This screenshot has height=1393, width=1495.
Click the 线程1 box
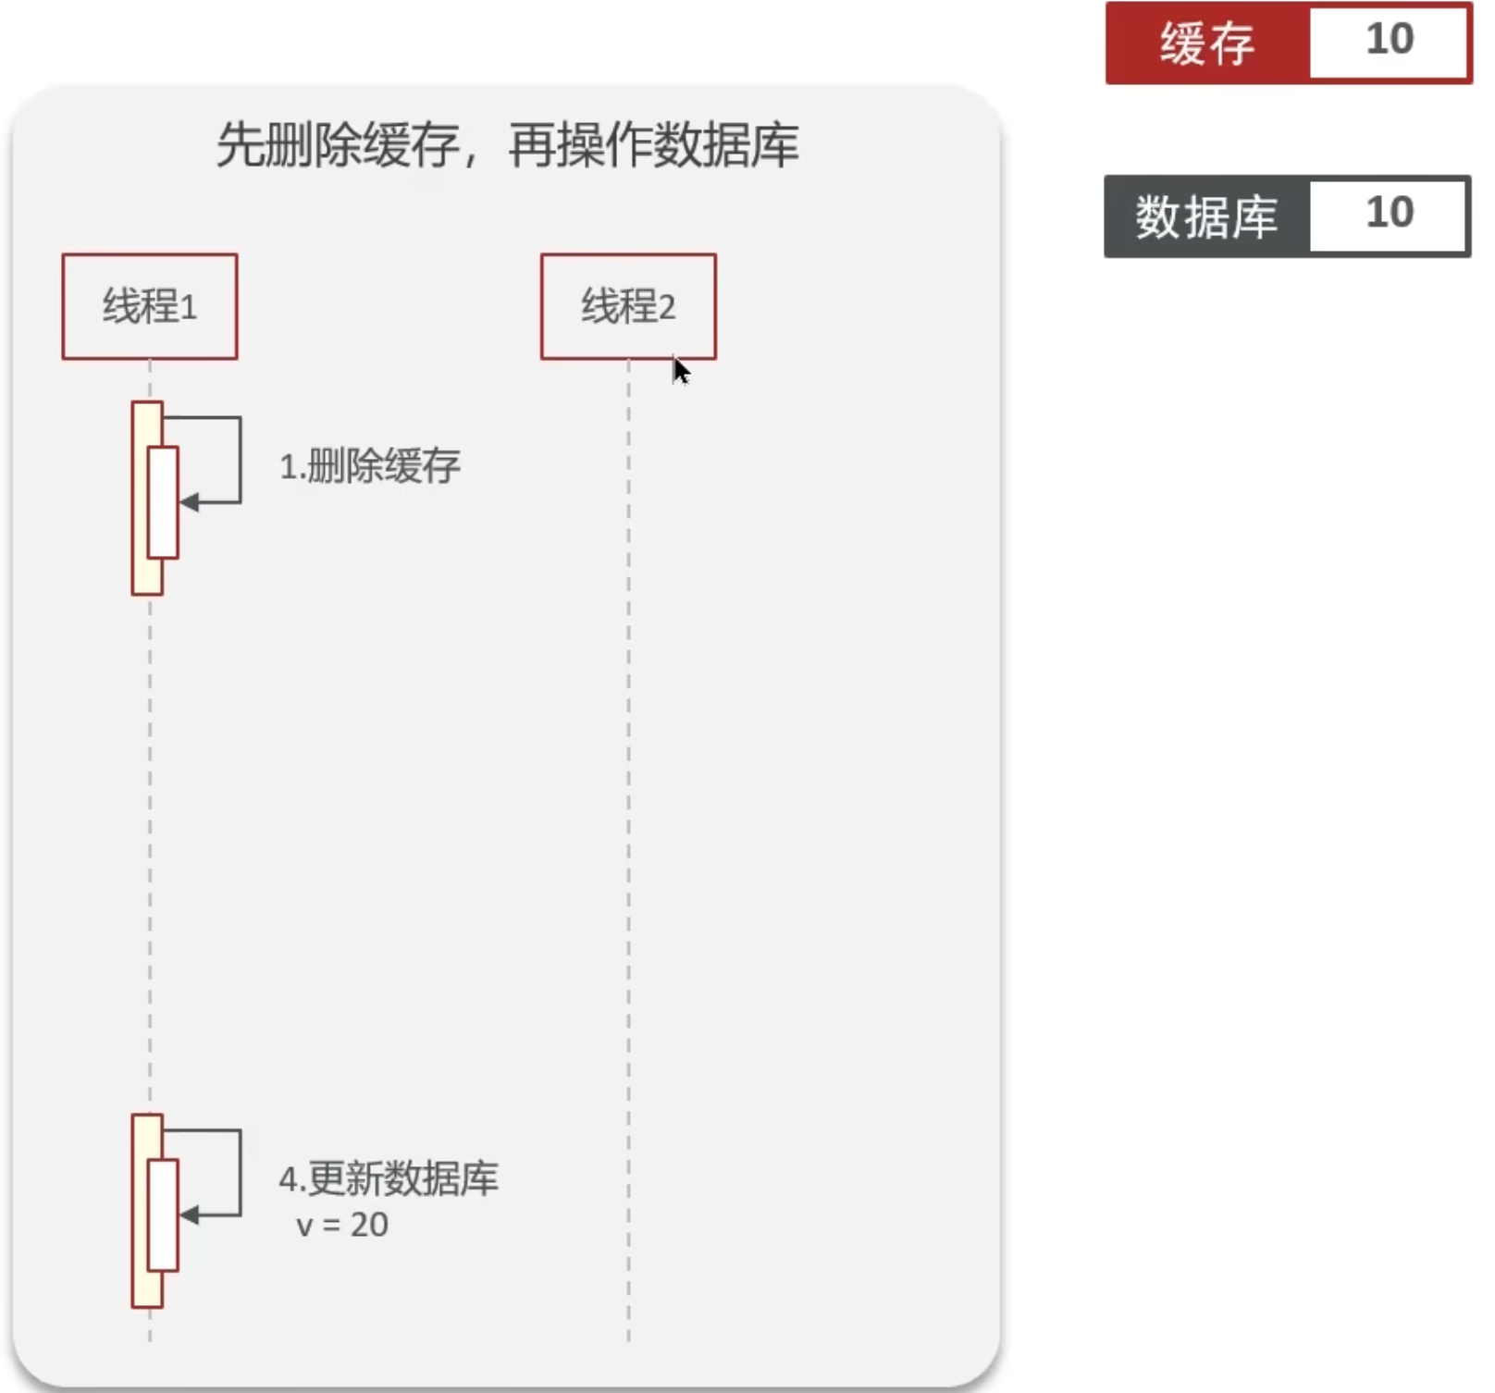[x=150, y=306]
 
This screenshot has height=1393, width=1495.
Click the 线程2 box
[x=628, y=306]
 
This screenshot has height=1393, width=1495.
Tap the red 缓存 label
[x=1207, y=43]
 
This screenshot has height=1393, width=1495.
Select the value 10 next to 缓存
[x=1390, y=39]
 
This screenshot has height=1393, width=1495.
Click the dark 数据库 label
[x=1206, y=216]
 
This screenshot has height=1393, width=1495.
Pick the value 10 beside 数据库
[x=1390, y=213]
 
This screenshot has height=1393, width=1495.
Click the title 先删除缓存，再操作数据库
[x=508, y=145]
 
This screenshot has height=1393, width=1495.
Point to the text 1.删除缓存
[x=370, y=465]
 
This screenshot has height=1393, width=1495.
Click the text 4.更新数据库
[x=389, y=1178]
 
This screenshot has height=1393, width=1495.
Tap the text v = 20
[x=341, y=1225]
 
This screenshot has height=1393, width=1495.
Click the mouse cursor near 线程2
[x=681, y=371]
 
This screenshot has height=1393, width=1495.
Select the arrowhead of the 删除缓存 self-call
[x=189, y=502]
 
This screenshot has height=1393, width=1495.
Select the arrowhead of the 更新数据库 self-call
[x=189, y=1214]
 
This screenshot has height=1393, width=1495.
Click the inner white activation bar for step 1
[x=163, y=502]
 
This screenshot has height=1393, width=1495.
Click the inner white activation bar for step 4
[x=163, y=1214]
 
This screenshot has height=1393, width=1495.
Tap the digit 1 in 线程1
[x=189, y=307]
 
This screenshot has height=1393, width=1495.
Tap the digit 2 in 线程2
[x=667, y=307]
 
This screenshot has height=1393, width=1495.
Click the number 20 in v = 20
[x=369, y=1225]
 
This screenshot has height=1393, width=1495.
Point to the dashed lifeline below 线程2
[x=629, y=850]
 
